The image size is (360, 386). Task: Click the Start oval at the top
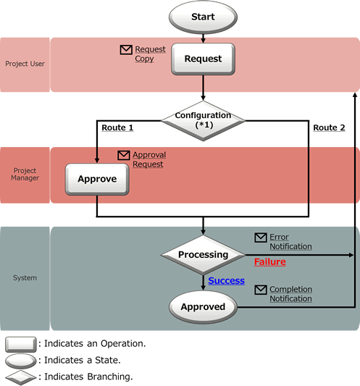(x=203, y=17)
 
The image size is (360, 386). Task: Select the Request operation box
(x=203, y=59)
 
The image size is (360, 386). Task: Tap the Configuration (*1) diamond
(x=203, y=121)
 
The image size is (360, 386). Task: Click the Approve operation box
(x=97, y=179)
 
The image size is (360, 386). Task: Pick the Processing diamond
(x=203, y=255)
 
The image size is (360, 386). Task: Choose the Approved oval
(x=203, y=307)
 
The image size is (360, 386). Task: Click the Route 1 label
(x=117, y=127)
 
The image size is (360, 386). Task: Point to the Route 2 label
(x=329, y=127)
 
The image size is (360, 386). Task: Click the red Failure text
(x=270, y=261)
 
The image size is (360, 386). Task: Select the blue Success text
(x=226, y=281)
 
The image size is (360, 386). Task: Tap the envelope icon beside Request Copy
(x=126, y=50)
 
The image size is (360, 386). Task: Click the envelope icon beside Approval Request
(x=124, y=155)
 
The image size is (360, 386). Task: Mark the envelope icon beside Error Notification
(x=261, y=238)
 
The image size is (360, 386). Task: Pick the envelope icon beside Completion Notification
(x=261, y=290)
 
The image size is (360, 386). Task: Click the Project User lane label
(x=25, y=64)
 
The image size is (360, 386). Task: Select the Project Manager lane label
(x=25, y=175)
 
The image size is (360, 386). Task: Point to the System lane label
(x=25, y=278)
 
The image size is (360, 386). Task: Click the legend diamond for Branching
(x=21, y=377)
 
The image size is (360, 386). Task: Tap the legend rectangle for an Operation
(x=21, y=345)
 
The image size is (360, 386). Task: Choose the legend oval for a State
(x=21, y=361)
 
